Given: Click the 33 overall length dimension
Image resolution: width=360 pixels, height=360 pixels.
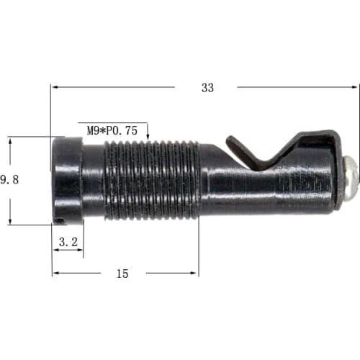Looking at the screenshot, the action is pos(207,88).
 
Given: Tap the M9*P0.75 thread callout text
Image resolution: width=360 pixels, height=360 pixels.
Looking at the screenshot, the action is pos(112,131).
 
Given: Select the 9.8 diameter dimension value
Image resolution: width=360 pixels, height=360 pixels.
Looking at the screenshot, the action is pos(9,180).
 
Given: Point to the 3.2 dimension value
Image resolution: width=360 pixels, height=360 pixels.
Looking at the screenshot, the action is pos(68,242).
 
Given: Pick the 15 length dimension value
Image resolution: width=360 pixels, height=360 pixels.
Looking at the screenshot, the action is pos(122,274).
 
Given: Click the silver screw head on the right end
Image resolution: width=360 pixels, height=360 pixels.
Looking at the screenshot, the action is pos(351,179).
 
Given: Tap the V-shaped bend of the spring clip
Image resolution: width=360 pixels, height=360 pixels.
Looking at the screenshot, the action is pos(264,164).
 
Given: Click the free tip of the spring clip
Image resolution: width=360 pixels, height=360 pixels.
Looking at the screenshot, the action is pos(230,139).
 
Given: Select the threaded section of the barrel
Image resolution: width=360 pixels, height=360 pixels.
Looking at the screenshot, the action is pos(152,180).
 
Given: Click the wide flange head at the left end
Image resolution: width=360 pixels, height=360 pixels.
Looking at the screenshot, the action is pos(67,181).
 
